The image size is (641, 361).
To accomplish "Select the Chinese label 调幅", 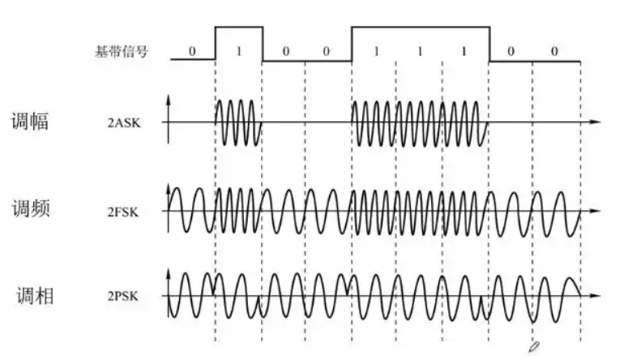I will coord(31,122).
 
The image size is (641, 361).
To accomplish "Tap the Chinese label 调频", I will coord(31,209).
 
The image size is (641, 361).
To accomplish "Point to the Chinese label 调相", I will coord(34,295).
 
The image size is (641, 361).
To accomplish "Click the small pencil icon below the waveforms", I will coord(533,346).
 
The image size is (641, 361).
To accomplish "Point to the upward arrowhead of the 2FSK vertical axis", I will coord(169,189).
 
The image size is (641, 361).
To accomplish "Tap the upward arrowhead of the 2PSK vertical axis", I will coord(169,274).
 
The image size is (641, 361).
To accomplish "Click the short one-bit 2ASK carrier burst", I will coord(238,123).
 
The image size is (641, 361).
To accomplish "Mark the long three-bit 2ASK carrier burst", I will coord(420,123).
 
